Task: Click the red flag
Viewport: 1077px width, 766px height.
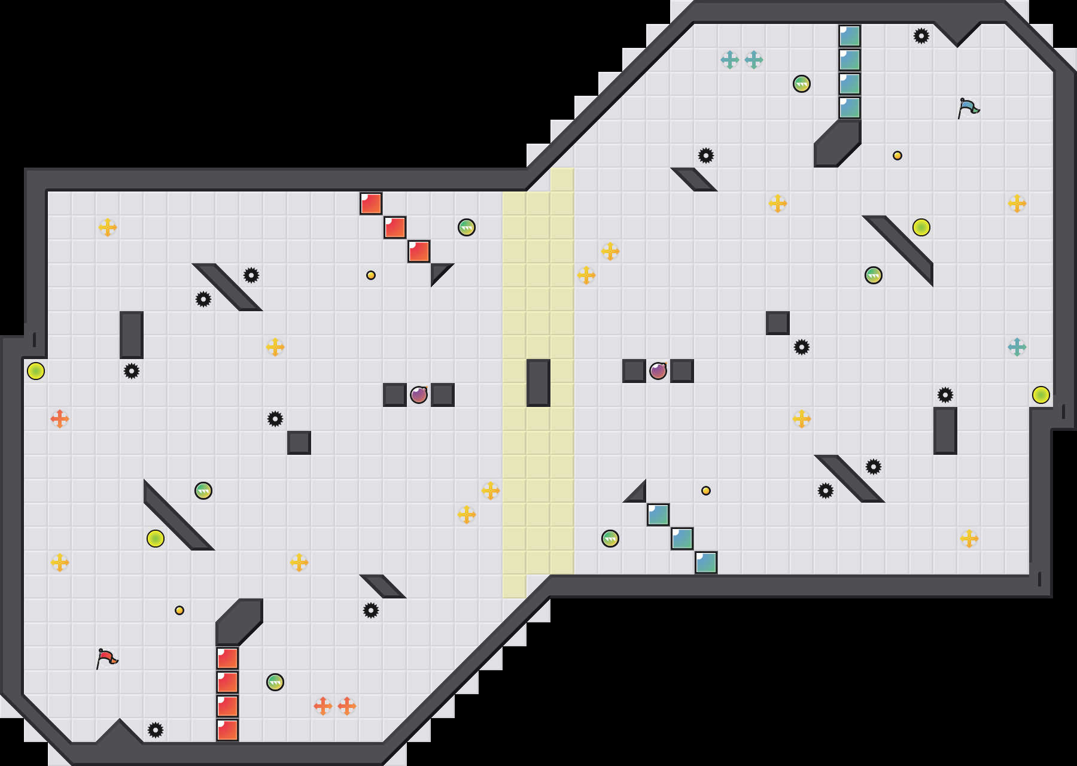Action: point(107,658)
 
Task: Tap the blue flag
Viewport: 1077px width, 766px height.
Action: point(968,108)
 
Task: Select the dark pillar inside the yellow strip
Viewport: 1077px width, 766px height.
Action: point(538,383)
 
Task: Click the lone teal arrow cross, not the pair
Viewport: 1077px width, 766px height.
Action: point(1017,347)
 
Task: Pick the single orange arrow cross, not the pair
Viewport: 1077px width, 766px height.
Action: point(60,419)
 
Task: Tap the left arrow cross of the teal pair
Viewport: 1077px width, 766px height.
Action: point(730,60)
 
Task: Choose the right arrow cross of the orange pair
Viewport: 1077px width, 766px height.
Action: point(347,706)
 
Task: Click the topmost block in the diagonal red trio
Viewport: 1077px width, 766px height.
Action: point(371,203)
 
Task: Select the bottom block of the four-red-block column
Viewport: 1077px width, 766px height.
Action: point(227,730)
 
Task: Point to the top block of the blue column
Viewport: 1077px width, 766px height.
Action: point(850,36)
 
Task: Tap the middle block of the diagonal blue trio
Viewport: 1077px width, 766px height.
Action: point(682,539)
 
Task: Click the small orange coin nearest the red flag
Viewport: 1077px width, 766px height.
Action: point(180,610)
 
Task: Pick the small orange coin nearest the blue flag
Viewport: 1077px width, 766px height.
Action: point(898,156)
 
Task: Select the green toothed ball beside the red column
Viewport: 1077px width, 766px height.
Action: point(275,682)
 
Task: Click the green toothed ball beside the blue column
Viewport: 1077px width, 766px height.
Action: point(802,84)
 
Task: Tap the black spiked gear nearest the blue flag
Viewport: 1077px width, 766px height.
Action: point(921,36)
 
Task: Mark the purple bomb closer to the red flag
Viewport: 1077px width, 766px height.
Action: point(419,395)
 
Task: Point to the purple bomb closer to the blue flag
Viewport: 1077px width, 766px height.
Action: point(658,371)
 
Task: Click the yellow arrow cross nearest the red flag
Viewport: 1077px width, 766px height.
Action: point(60,563)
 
